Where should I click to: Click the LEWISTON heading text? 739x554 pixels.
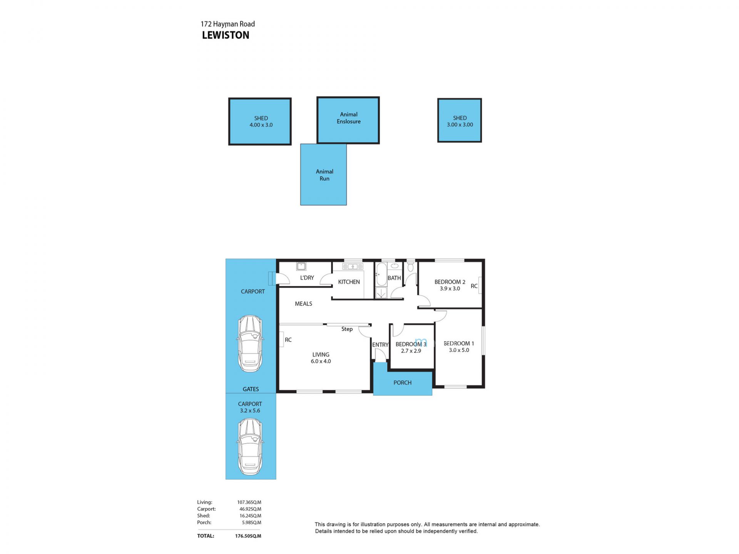click(226, 35)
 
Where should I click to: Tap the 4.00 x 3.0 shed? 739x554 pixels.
click(260, 122)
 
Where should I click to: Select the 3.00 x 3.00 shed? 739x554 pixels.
click(460, 120)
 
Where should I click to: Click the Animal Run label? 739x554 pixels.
click(324, 175)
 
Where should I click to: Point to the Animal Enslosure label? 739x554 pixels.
click(349, 118)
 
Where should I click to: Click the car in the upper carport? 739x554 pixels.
click(250, 344)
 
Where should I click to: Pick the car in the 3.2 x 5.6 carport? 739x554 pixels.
click(250, 447)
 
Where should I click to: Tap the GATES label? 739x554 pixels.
click(251, 389)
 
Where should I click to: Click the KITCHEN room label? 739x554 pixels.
click(349, 282)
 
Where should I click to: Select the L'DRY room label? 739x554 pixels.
click(307, 278)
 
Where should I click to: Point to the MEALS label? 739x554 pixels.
click(303, 304)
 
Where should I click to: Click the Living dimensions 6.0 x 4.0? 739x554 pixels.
click(321, 361)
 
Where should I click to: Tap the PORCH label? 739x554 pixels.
click(402, 383)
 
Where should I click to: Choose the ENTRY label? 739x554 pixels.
click(380, 345)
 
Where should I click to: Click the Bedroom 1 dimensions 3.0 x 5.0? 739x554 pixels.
click(459, 350)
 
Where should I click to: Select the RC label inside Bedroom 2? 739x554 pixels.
click(474, 286)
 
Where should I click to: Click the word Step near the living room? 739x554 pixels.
click(347, 329)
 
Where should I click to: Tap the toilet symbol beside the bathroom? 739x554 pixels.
click(411, 266)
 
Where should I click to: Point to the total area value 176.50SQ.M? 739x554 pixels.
click(248, 536)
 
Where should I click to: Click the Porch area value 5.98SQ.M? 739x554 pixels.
click(251, 522)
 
